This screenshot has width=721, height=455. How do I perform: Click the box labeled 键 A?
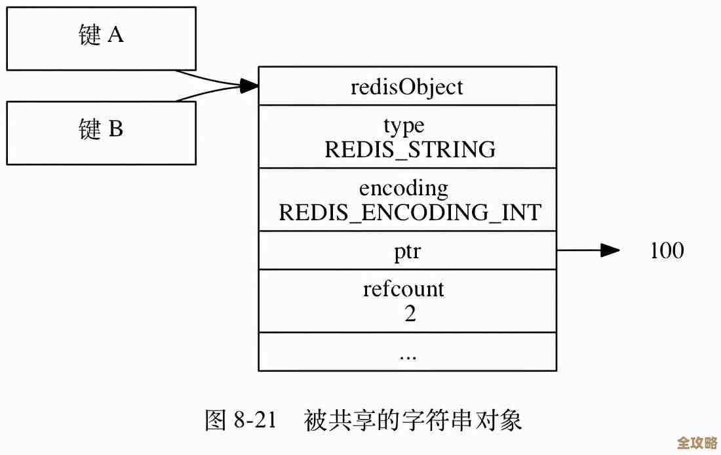[101, 38]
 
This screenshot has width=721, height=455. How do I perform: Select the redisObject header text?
[407, 87]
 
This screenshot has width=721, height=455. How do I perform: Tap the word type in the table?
[404, 125]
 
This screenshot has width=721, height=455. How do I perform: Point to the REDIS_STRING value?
[410, 150]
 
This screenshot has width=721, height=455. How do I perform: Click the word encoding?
[404, 188]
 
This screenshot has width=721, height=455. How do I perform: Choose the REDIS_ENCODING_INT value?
[410, 212]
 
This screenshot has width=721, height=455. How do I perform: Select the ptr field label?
[408, 251]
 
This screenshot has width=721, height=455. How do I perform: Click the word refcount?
[404, 289]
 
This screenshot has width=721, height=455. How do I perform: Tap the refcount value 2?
[410, 313]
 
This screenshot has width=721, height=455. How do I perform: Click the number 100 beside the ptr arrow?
[667, 250]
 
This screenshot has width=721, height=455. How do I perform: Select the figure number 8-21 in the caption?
[254, 420]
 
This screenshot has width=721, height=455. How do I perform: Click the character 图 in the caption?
[216, 420]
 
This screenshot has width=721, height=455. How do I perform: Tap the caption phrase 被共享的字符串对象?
[413, 420]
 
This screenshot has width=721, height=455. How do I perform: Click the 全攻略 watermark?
[697, 443]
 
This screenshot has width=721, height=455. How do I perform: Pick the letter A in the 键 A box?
[115, 36]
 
